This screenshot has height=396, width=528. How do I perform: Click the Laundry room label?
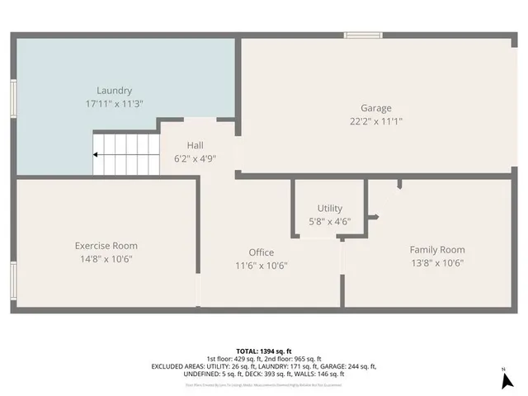(114, 91)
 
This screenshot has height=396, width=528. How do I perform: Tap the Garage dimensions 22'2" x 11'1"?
(375, 121)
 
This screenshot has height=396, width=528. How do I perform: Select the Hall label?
(195, 145)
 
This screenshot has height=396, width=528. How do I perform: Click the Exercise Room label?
(106, 246)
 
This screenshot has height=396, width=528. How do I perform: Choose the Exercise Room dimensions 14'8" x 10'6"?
(106, 259)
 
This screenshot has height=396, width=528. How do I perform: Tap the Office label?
(262, 252)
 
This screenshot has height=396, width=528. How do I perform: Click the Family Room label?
(437, 249)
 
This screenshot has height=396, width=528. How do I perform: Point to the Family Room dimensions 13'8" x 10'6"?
(437, 263)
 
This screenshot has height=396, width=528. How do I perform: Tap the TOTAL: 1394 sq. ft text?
(263, 351)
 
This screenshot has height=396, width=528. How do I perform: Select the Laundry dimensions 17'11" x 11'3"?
(114, 104)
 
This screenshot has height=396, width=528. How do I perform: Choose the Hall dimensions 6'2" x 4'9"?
(195, 158)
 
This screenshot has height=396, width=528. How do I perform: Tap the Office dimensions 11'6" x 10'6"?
(262, 266)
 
